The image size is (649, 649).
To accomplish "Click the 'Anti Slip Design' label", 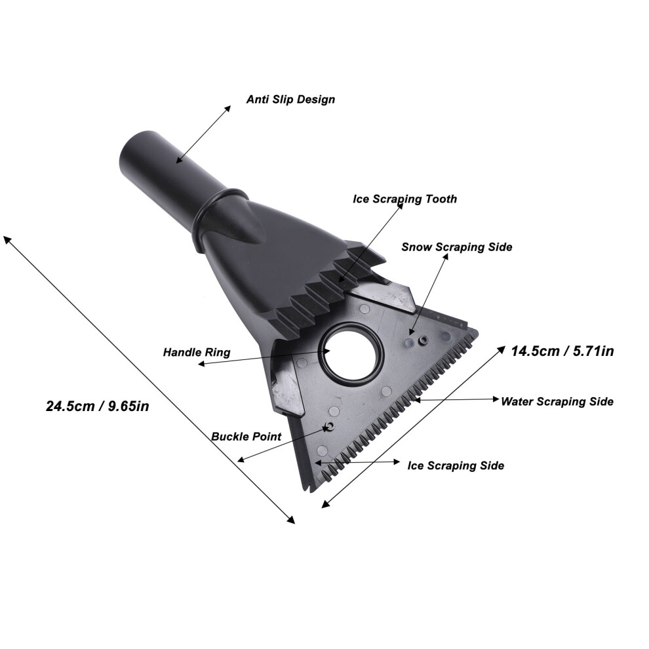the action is tap(290, 100).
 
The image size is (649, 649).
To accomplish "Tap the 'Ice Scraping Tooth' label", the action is tap(404, 199).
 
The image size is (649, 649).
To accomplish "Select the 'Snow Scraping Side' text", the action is tap(457, 247).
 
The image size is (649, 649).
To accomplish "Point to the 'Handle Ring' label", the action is tap(197, 353).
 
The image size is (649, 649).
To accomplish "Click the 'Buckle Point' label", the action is tap(246, 437).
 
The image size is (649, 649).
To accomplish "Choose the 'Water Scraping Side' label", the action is tap(557, 402).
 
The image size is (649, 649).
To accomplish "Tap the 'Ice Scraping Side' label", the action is tap(456, 465).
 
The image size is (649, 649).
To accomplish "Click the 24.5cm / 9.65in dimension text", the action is tap(97, 406).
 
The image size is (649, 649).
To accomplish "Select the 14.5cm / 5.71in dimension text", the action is tap(562, 351).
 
